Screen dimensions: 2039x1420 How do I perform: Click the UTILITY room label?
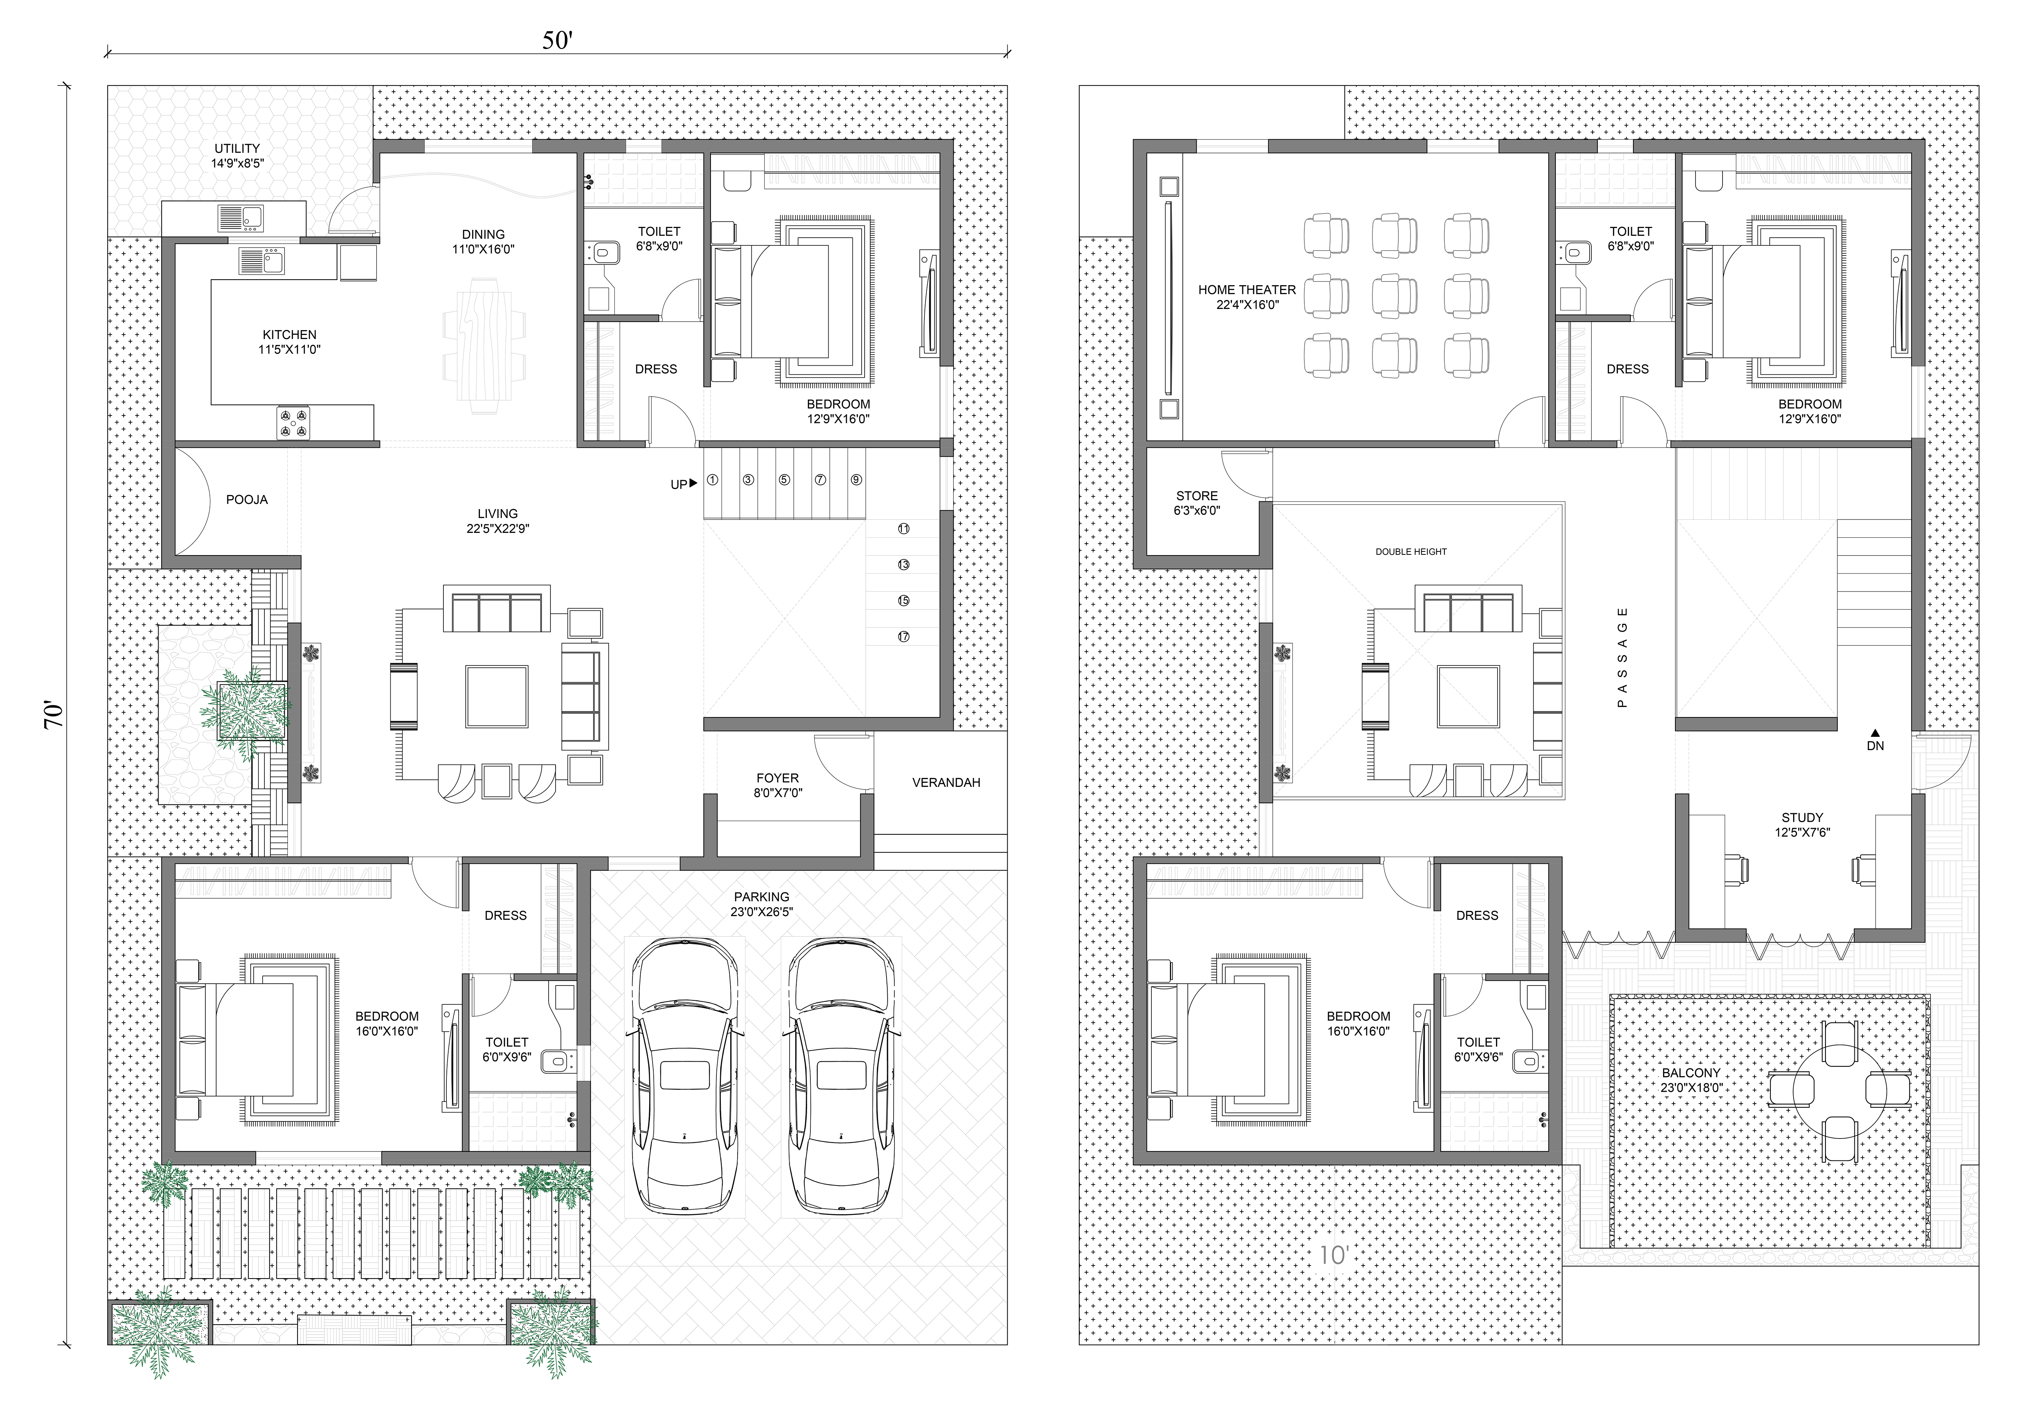(x=237, y=148)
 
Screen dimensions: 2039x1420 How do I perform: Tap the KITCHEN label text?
(x=290, y=335)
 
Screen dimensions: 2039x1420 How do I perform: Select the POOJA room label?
(x=247, y=500)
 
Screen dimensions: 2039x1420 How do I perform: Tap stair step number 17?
(x=903, y=637)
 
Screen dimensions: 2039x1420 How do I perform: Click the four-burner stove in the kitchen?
(x=293, y=422)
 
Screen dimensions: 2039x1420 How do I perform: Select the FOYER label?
(x=778, y=778)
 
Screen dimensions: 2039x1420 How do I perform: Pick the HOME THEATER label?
(x=1247, y=290)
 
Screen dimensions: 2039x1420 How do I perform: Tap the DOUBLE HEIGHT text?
(x=1411, y=551)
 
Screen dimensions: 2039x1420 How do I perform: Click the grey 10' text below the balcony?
(x=1334, y=1255)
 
